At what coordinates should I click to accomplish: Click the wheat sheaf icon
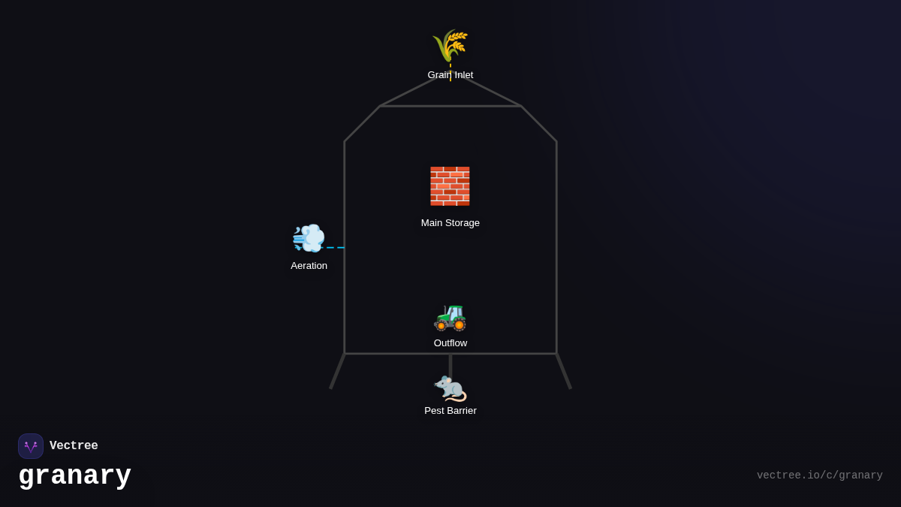coord(450,45)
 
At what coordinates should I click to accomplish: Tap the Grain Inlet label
coord(450,75)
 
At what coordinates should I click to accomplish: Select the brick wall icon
coord(450,186)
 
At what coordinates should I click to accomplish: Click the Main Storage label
coord(450,223)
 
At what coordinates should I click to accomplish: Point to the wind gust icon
coord(309,239)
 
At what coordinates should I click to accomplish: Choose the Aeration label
coord(309,266)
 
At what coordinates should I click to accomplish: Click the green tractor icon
coord(450,316)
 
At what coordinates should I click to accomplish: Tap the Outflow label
coord(450,343)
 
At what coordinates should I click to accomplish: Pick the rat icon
coord(450,388)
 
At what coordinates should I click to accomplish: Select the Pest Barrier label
coord(450,411)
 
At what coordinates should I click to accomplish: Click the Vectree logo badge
coord(31,446)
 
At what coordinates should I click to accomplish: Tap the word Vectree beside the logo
coord(74,446)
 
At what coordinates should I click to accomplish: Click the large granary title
coord(75,476)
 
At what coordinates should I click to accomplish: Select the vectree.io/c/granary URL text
coord(819,475)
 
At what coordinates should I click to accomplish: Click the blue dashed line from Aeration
coord(336,247)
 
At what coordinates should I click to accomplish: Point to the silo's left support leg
coord(337,371)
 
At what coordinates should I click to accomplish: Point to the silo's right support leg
coord(564,371)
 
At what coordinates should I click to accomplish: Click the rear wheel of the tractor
coord(459,325)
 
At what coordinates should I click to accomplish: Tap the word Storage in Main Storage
coord(463,223)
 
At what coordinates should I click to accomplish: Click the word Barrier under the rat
coord(460,411)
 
